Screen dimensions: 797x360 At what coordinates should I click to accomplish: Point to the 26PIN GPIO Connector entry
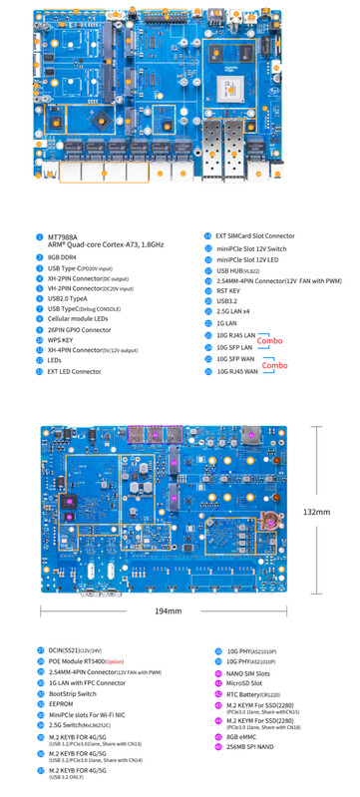click(x=81, y=329)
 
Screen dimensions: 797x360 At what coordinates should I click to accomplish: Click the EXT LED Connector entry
click(x=75, y=371)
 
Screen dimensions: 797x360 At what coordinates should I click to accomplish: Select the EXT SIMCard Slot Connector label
click(x=262, y=236)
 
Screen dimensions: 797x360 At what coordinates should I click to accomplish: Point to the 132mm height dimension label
click(x=316, y=512)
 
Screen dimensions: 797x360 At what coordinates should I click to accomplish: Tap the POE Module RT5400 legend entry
click(x=86, y=660)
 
